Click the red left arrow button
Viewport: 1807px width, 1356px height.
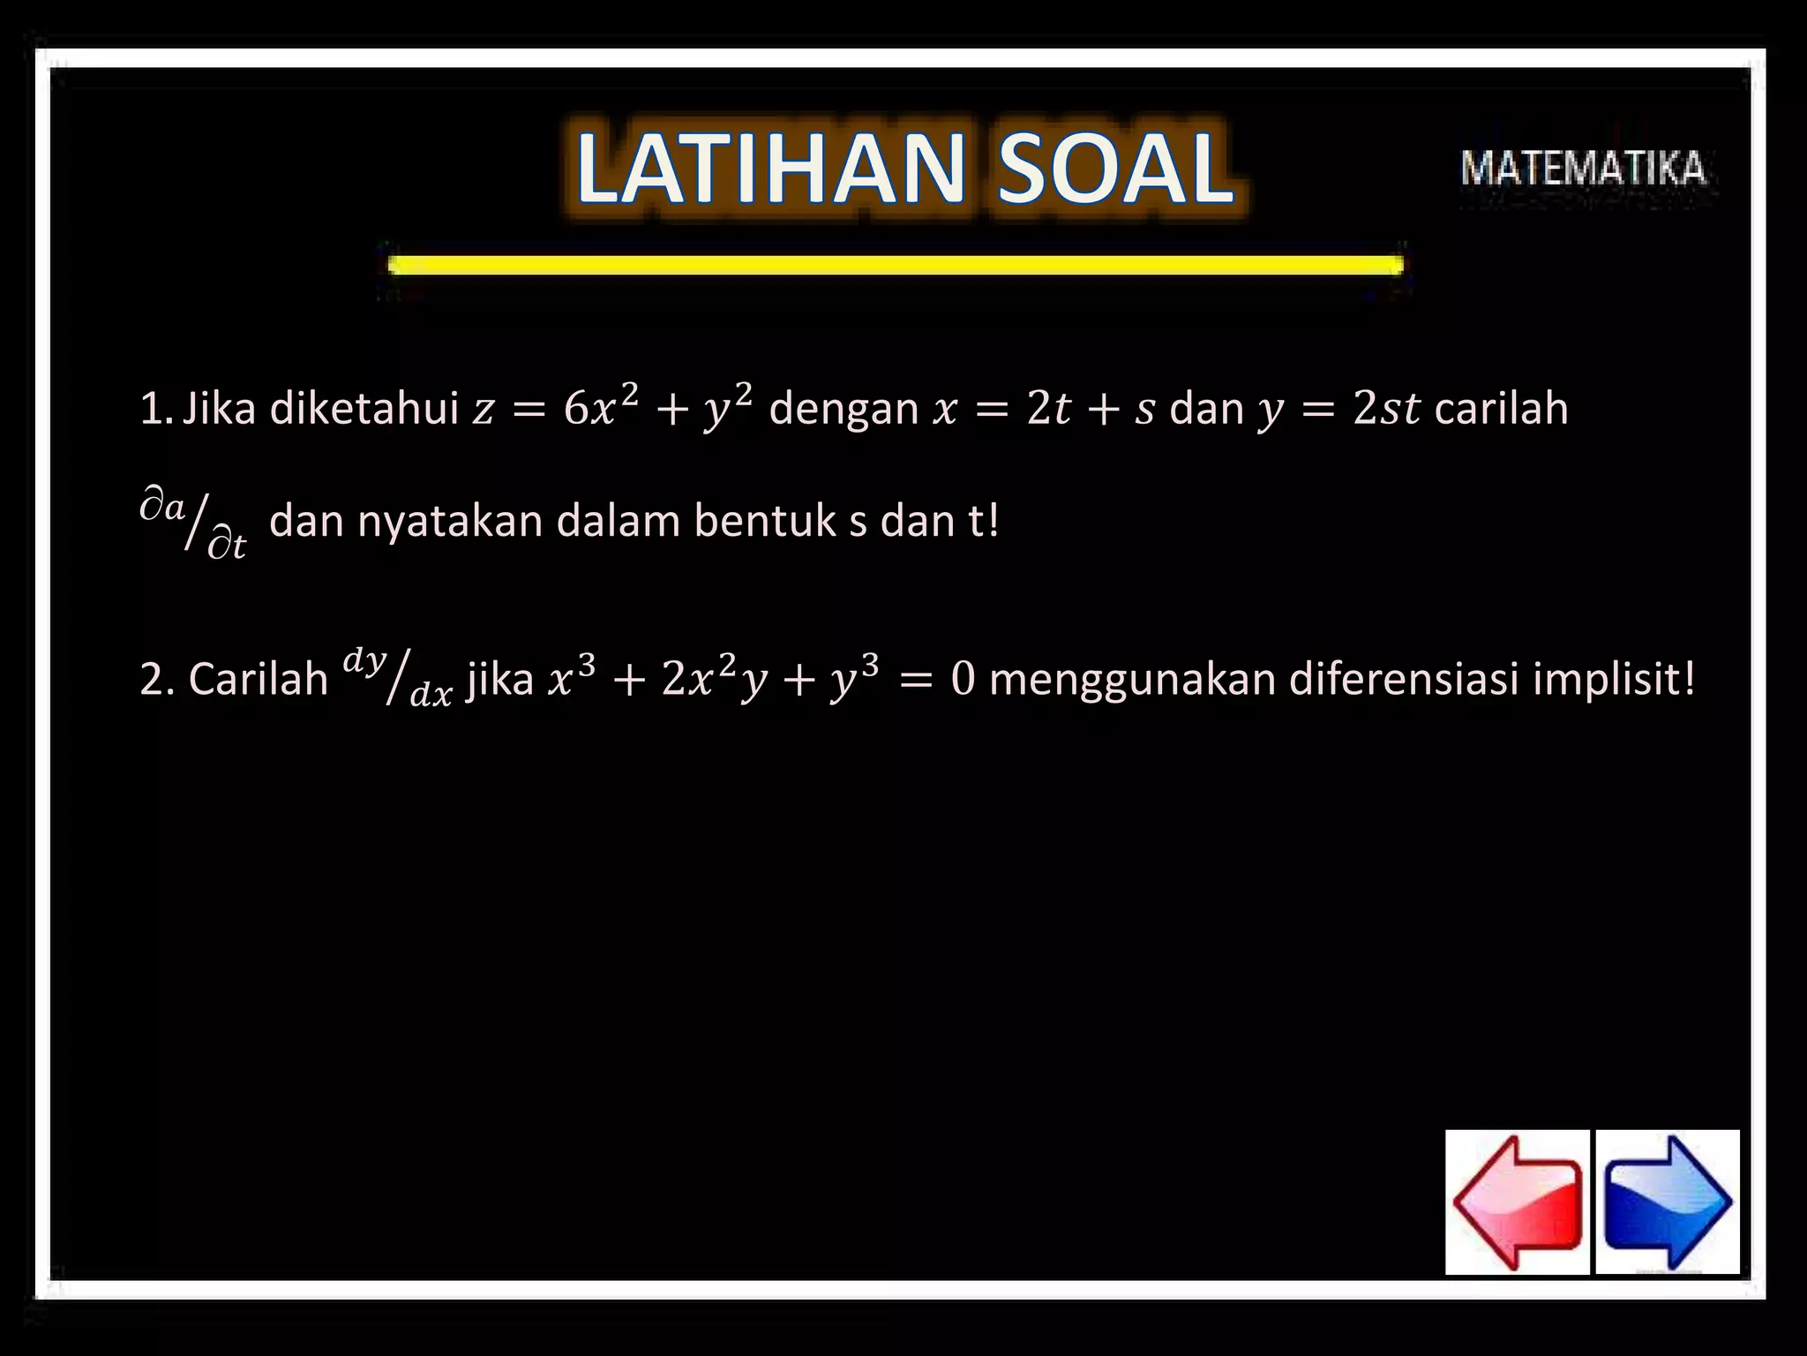coord(1517,1202)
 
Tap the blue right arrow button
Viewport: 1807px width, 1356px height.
coord(1668,1202)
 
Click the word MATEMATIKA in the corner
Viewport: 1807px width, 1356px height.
coord(1583,169)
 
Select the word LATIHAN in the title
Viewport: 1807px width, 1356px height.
coord(770,168)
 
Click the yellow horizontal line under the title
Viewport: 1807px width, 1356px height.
coord(895,265)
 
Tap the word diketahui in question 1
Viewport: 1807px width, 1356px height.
coord(364,409)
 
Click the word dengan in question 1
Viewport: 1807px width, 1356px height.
coord(844,409)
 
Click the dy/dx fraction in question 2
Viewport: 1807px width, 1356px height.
coord(397,678)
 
